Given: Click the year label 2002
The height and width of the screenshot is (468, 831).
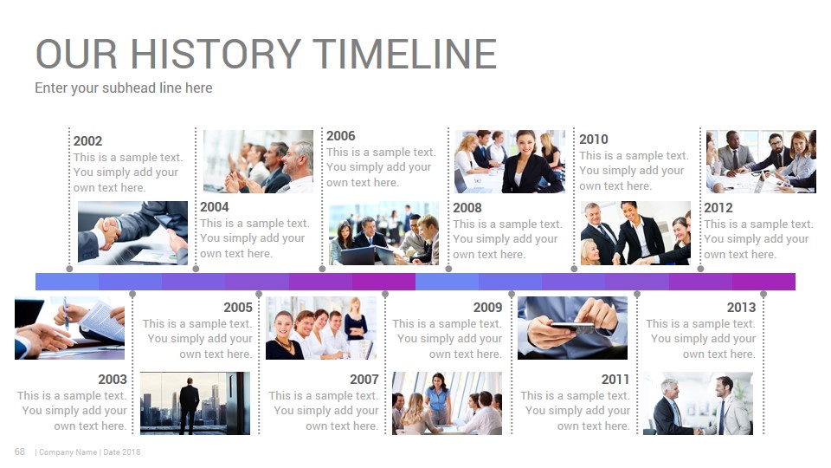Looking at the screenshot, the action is tap(87, 141).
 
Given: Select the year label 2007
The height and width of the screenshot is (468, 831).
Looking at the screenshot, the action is tap(364, 380).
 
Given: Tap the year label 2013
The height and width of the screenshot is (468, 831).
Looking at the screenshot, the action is tap(741, 307).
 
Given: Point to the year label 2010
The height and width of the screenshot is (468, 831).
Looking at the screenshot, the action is tap(594, 140).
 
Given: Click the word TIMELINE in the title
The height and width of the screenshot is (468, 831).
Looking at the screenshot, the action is tap(405, 54).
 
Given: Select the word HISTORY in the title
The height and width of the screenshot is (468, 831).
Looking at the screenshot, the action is tap(216, 54).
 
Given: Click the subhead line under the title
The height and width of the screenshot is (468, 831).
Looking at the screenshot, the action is tap(124, 88).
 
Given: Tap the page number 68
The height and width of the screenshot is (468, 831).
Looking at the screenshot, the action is tap(20, 452).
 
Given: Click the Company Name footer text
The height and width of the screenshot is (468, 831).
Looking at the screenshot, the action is tap(68, 452).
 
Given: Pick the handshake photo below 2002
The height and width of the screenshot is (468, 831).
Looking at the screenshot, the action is tap(132, 232).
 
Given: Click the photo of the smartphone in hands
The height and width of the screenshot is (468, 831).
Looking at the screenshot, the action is tap(572, 328).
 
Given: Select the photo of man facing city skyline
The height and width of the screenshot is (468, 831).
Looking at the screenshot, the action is tap(195, 403).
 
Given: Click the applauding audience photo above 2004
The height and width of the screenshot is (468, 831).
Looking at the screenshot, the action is tap(258, 161).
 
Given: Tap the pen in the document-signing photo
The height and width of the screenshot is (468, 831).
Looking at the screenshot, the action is tap(66, 313).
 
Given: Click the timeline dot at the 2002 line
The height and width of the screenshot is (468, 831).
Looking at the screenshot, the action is tap(69, 269).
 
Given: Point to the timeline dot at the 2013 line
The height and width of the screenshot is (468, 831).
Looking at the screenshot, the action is tap(763, 294).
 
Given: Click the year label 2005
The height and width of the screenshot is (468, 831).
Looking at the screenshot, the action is tap(238, 307).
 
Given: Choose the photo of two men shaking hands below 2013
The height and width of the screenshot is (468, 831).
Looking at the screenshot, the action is tap(698, 403).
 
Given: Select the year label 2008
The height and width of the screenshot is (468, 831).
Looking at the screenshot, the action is tap(467, 208).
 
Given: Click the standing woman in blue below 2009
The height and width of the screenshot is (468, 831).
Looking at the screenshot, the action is tap(438, 398).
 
